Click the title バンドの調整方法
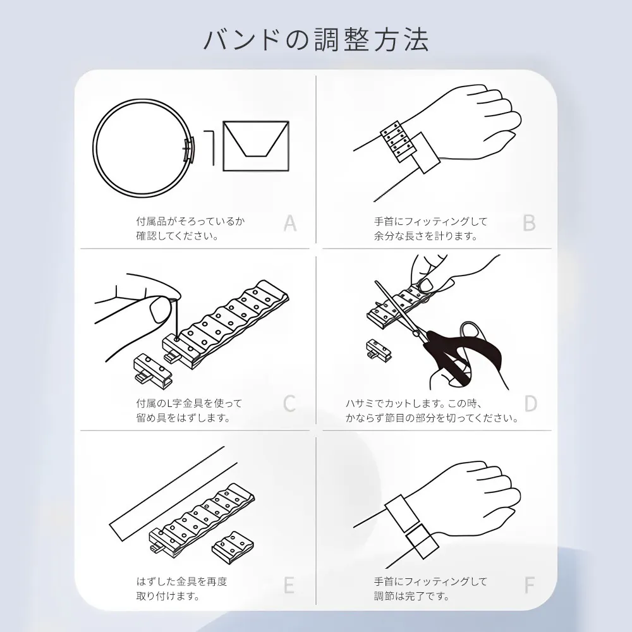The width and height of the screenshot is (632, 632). pyautogui.click(x=316, y=40)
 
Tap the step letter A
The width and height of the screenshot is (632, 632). pyautogui.click(x=290, y=223)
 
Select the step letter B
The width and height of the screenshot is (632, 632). pyautogui.click(x=529, y=223)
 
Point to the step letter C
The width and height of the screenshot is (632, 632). pyautogui.click(x=289, y=403)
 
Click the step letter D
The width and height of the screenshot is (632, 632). pyautogui.click(x=530, y=403)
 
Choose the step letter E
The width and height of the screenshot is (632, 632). pyautogui.click(x=289, y=585)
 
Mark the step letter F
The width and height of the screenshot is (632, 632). pyautogui.click(x=529, y=585)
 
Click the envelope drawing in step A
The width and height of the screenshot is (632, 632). pyautogui.click(x=256, y=146)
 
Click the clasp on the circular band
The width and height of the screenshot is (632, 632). pyautogui.click(x=189, y=149)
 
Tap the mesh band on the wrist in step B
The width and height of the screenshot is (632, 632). pyautogui.click(x=398, y=142)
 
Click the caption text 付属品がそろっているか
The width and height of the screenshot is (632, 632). pyautogui.click(x=190, y=221)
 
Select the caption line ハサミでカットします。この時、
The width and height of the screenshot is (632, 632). pyautogui.click(x=413, y=403)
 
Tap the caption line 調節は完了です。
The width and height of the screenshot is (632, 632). pyautogui.click(x=411, y=596)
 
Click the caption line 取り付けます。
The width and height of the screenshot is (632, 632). pyautogui.click(x=168, y=596)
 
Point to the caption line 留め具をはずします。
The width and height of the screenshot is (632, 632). pyautogui.click(x=183, y=418)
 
